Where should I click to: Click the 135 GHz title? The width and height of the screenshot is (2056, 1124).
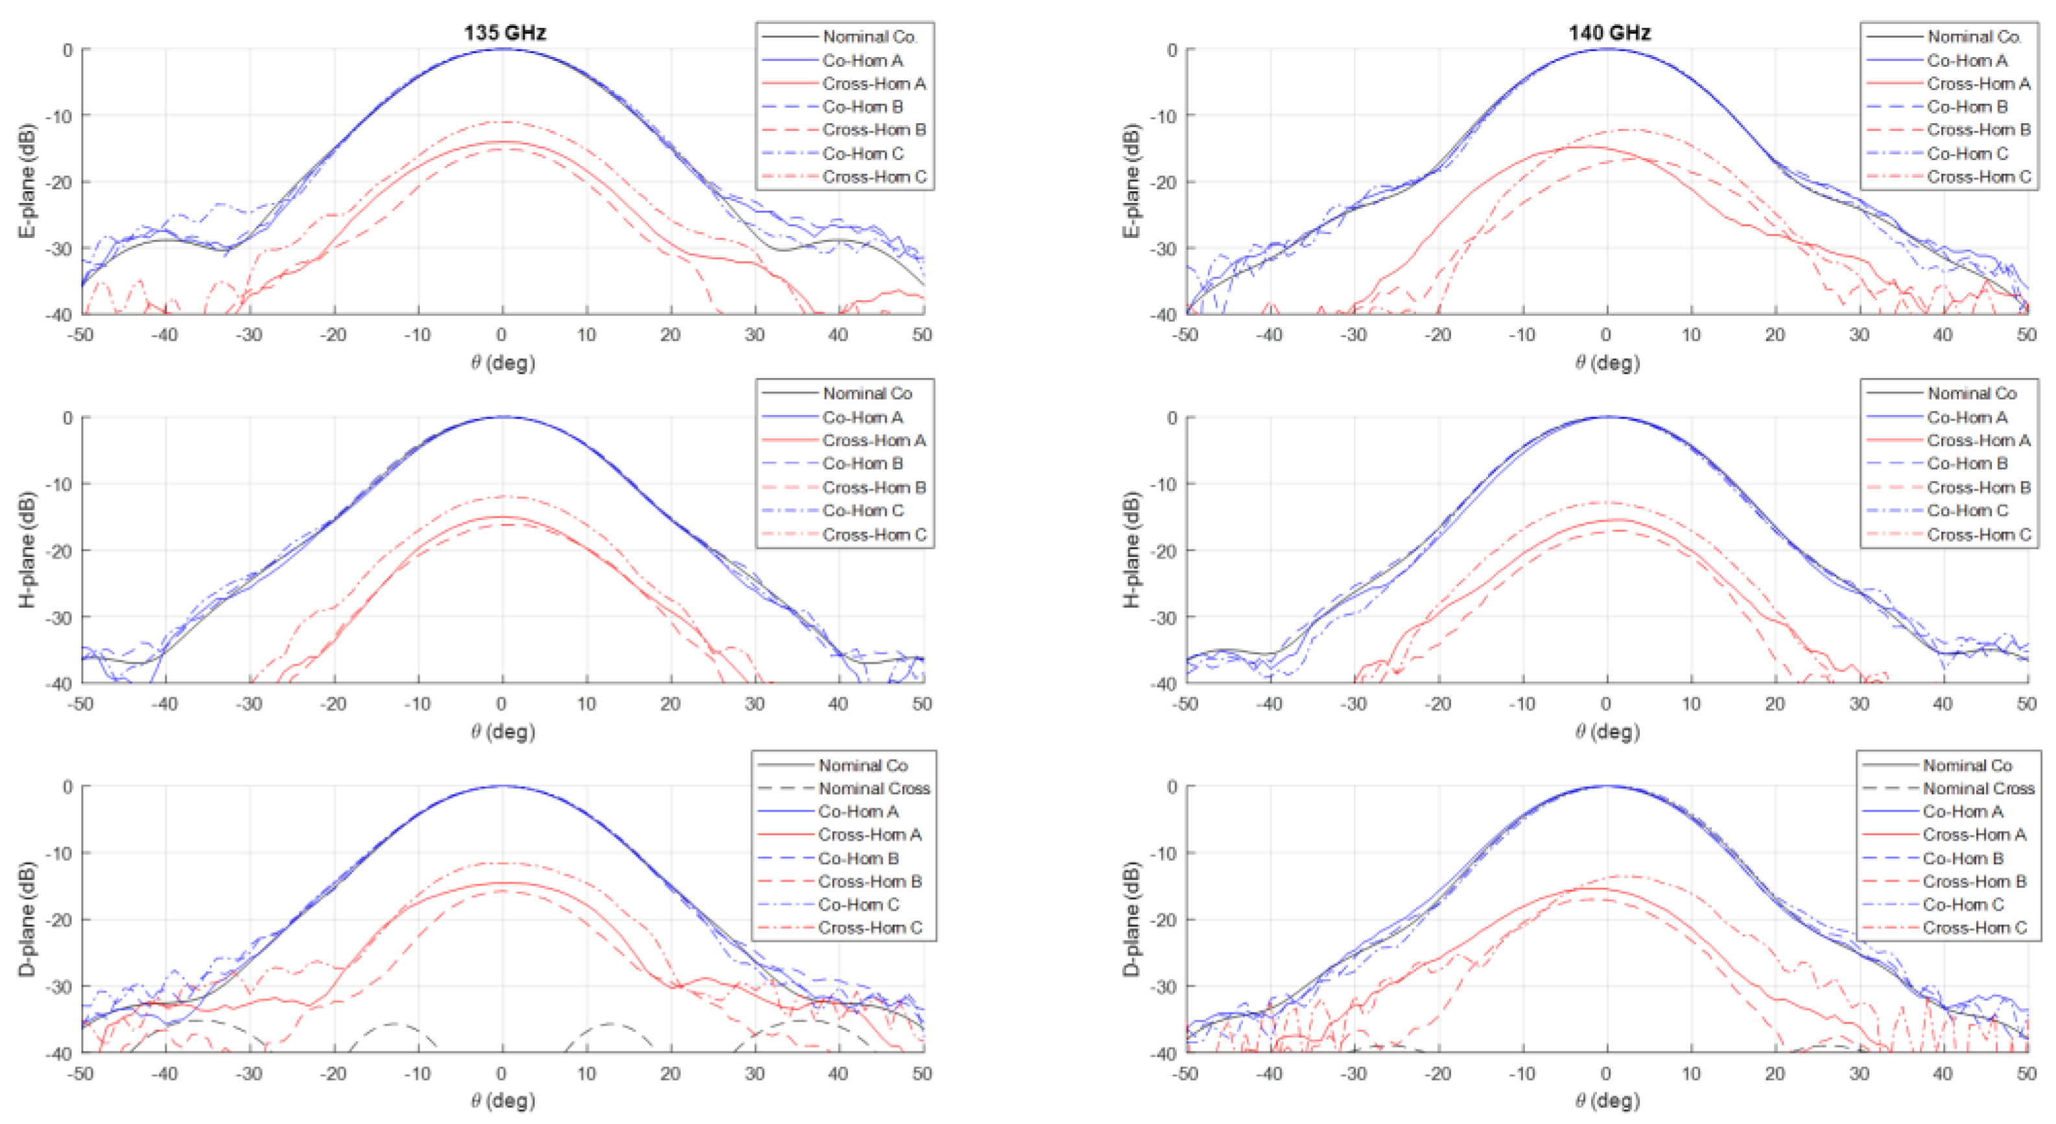(504, 32)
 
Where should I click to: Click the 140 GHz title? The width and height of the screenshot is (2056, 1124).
(1609, 32)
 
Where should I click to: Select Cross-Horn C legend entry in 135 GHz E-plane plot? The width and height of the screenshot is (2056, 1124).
(874, 176)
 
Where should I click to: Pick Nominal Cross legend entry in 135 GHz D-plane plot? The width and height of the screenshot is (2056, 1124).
(874, 788)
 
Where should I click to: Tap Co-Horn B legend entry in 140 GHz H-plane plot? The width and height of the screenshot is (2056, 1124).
(1967, 463)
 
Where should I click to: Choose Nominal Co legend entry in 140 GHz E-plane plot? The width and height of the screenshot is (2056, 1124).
(1972, 37)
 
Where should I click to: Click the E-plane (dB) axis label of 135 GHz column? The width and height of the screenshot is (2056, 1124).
(28, 180)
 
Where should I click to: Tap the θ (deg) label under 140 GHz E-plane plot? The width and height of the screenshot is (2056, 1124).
(1607, 363)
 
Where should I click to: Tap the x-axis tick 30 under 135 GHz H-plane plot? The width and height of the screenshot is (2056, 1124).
(754, 703)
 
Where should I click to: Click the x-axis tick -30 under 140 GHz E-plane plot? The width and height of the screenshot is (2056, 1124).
(1354, 335)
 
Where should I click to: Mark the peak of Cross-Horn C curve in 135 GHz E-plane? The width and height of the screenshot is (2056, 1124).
(504, 122)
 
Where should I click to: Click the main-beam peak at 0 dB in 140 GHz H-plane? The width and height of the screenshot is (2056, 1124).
(1607, 417)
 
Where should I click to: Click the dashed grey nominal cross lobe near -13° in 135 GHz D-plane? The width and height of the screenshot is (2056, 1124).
(394, 1024)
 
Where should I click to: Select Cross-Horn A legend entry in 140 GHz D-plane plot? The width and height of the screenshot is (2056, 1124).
(1974, 834)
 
